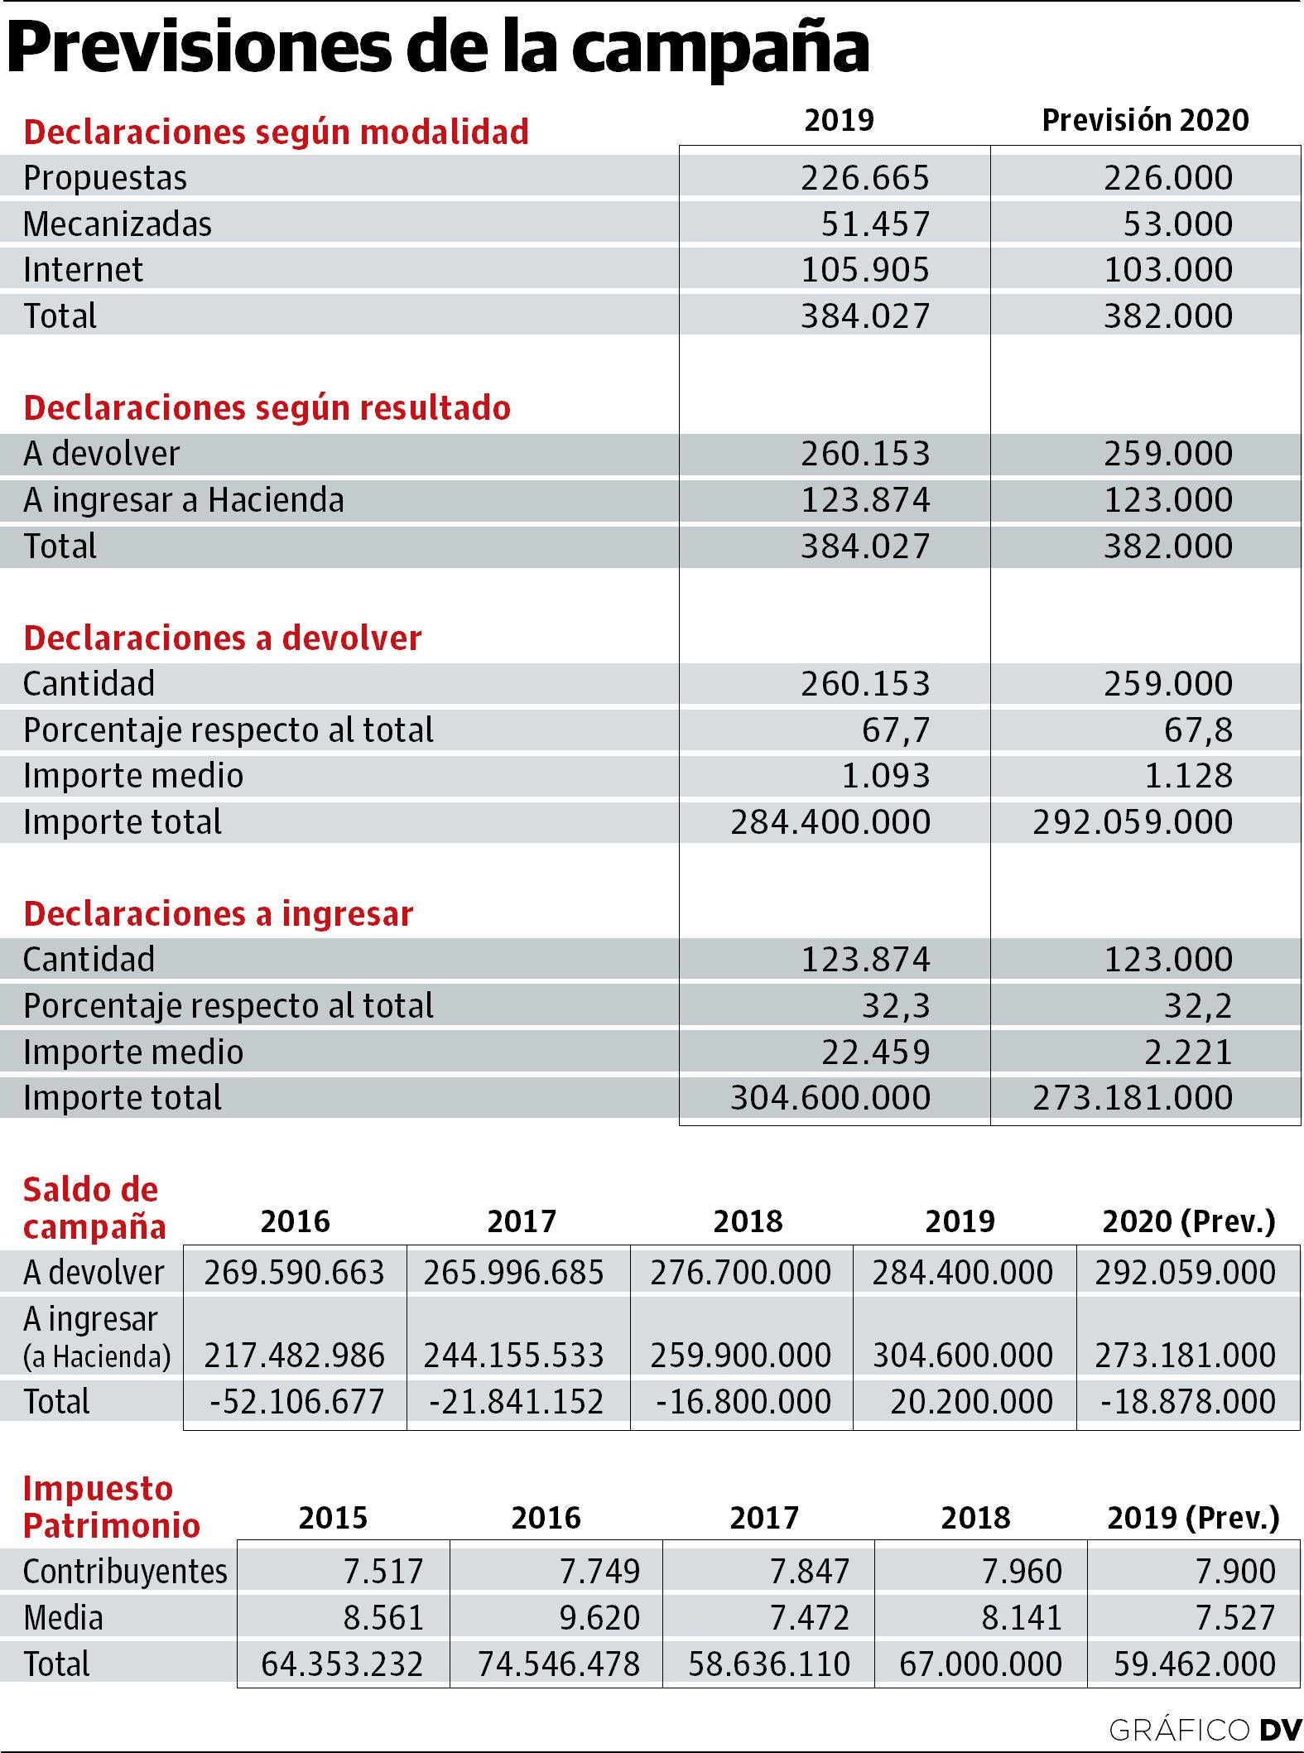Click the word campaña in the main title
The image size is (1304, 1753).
pyautogui.click(x=720, y=48)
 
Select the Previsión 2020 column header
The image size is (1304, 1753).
pyautogui.click(x=1145, y=121)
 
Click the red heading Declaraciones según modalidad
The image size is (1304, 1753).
pyautogui.click(x=276, y=132)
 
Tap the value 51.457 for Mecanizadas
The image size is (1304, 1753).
pyautogui.click(x=876, y=224)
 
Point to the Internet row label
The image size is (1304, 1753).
pyautogui.click(x=83, y=270)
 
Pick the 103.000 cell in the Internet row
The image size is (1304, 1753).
pyautogui.click(x=1168, y=270)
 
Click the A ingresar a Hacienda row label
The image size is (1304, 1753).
pyautogui.click(x=183, y=500)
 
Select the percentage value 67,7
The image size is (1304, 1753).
pyautogui.click(x=896, y=730)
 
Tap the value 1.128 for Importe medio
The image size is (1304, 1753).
pyautogui.click(x=1190, y=776)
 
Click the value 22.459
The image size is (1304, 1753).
pyautogui.click(x=876, y=1052)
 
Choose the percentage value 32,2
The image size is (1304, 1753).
pyautogui.click(x=1198, y=1006)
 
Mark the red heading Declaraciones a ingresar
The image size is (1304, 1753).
pyautogui.click(x=218, y=914)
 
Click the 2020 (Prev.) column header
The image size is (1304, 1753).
pyautogui.click(x=1189, y=1221)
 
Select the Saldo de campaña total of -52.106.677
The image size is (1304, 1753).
pyautogui.click(x=296, y=1402)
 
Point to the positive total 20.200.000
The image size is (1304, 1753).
pyautogui.click(x=971, y=1402)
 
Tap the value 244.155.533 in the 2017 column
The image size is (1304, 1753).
pyautogui.click(x=513, y=1356)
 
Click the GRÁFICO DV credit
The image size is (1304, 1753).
pyautogui.click(x=1205, y=1730)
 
